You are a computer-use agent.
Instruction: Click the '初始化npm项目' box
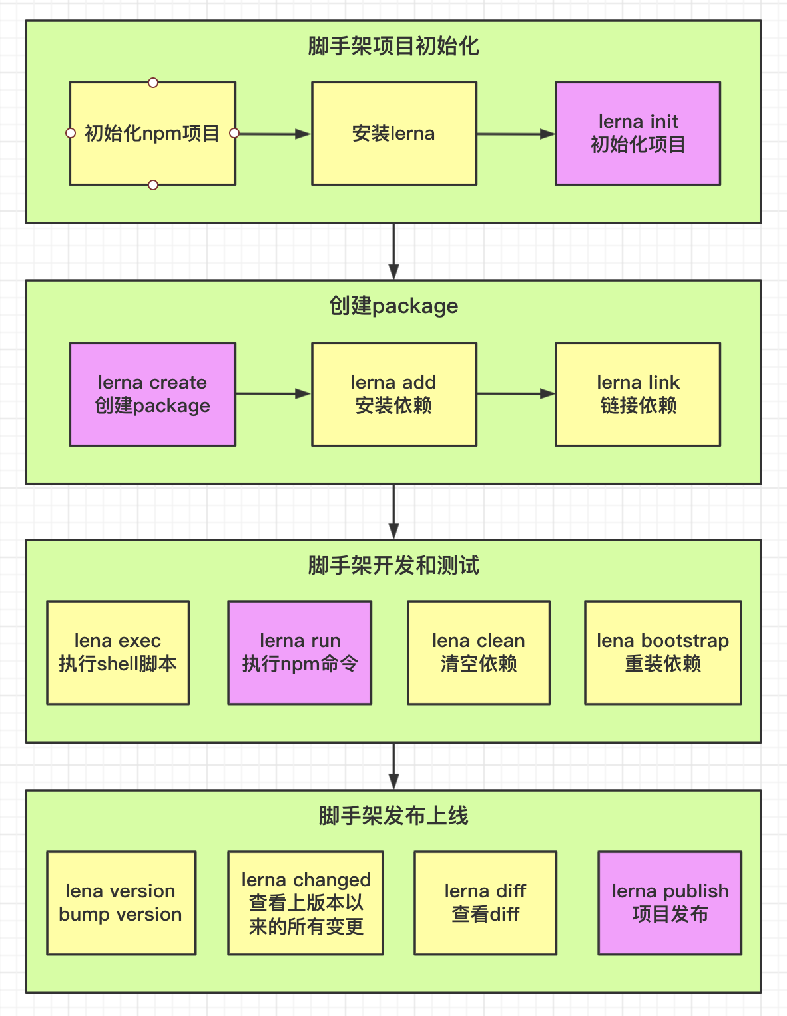pos(152,133)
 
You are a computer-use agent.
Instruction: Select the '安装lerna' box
pos(394,133)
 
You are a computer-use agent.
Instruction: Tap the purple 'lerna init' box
pos(638,133)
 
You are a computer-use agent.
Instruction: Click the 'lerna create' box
pos(152,394)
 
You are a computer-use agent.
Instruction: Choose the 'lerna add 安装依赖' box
pos(394,394)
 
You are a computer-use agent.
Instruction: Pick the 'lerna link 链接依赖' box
pos(638,394)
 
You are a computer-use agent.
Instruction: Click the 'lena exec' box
pos(118,652)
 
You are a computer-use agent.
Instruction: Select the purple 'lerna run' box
pos(300,652)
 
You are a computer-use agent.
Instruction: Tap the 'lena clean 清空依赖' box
pos(479,652)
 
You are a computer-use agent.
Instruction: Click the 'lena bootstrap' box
pos(663,652)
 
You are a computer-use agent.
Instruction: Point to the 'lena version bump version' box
pos(121,903)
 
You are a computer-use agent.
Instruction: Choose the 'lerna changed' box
pos(306,903)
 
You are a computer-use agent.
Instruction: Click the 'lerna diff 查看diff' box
pos(485,903)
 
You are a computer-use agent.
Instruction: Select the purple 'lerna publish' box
pos(670,903)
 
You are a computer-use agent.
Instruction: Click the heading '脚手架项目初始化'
pos(393,46)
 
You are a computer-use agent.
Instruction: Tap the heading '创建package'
pos(393,306)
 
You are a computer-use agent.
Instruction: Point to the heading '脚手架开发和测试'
pos(393,565)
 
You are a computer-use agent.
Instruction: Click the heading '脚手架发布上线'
pos(393,816)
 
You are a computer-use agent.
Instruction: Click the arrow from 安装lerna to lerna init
pos(516,134)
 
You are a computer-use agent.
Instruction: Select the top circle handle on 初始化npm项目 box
pos(153,83)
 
